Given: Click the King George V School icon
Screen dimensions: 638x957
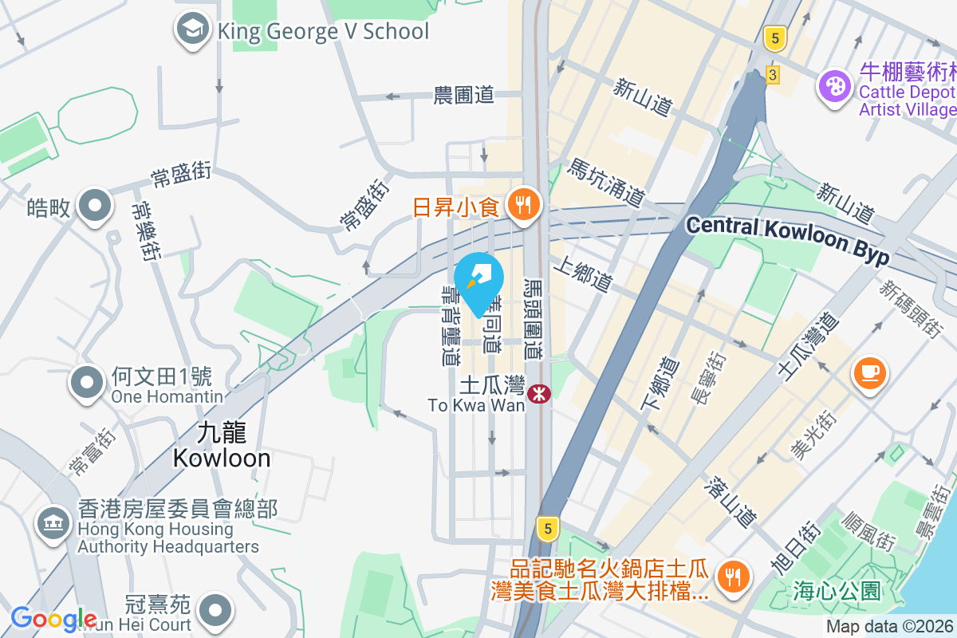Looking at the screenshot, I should click(x=191, y=30).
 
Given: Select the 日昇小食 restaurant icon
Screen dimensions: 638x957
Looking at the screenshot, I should click(x=523, y=206).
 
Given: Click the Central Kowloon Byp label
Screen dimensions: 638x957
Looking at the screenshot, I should click(x=787, y=238).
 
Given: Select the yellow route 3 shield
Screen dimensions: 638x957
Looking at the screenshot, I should click(x=772, y=75).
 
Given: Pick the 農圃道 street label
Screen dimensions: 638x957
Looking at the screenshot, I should click(x=463, y=96).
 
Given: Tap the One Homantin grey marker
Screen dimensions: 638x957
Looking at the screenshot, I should click(x=89, y=382).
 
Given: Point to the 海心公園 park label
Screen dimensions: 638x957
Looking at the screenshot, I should click(x=837, y=591).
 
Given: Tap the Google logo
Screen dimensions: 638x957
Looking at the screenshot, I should click(x=53, y=619).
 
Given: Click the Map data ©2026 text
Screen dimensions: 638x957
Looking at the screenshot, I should click(x=889, y=627).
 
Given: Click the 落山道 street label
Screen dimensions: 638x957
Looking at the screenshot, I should click(x=730, y=499).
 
